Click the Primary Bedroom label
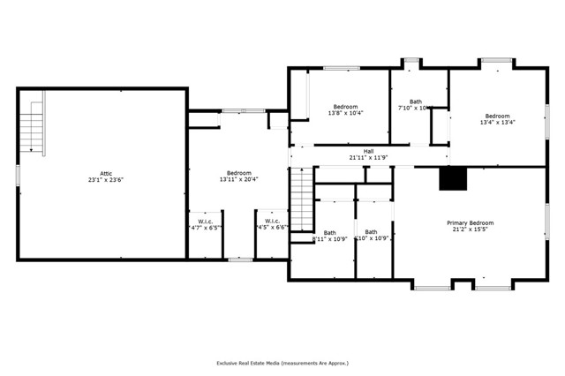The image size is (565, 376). (x=470, y=222)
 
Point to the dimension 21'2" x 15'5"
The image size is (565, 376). (x=470, y=229)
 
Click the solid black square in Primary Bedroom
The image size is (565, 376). (x=453, y=178)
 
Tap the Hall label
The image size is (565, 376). (x=368, y=151)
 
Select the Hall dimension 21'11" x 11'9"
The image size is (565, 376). (x=368, y=158)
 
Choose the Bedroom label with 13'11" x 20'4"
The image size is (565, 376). (x=238, y=173)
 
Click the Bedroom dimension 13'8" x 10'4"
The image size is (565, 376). (x=345, y=113)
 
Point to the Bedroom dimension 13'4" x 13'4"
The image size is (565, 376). (x=497, y=123)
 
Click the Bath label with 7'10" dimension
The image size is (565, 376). (x=415, y=102)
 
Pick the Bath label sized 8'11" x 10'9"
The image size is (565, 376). (x=329, y=232)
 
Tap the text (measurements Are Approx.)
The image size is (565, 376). (x=319, y=363)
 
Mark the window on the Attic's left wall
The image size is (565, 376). (x=18, y=175)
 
